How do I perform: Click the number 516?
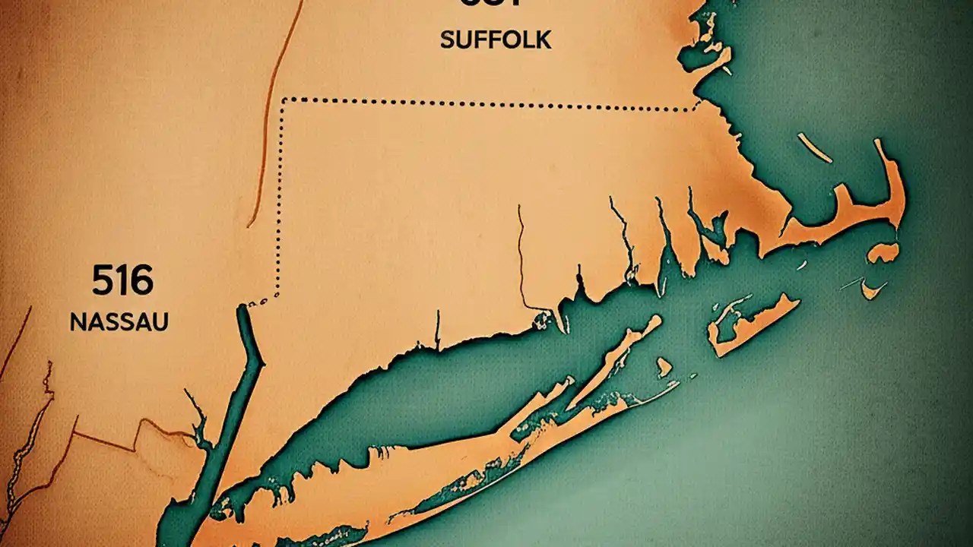(122, 282)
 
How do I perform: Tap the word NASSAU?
(119, 322)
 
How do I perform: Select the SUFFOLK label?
(496, 40)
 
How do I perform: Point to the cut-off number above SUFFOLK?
(491, 4)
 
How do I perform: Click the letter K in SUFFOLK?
(543, 40)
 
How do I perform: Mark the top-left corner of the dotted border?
(284, 100)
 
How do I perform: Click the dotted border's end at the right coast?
(697, 107)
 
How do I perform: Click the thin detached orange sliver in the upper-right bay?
(814, 147)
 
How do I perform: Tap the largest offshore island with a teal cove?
(753, 323)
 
